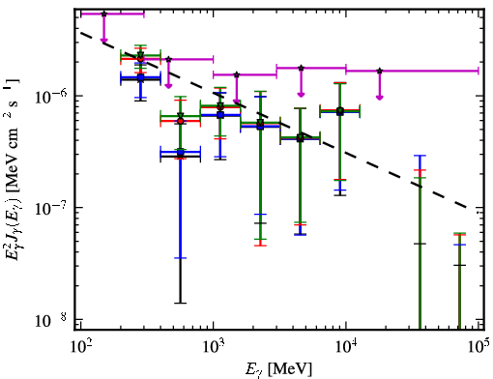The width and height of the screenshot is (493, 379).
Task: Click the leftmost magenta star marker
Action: tap(103, 14)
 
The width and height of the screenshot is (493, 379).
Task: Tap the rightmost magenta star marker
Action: tap(380, 71)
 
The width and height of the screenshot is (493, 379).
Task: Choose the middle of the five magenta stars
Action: tap(237, 74)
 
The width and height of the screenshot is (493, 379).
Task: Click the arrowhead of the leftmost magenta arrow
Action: tap(103, 40)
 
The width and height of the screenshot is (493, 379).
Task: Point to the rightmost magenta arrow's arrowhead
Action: tap(380, 98)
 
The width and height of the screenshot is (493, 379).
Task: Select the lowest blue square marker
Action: tap(181, 152)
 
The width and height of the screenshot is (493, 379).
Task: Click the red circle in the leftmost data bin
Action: tap(140, 59)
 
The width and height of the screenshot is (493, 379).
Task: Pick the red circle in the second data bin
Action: tap(181, 121)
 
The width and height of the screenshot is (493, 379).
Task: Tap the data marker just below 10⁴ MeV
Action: tap(340, 111)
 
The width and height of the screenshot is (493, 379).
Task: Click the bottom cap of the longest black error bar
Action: tap(181, 303)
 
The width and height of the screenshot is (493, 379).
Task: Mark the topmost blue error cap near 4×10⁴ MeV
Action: tap(420, 156)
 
